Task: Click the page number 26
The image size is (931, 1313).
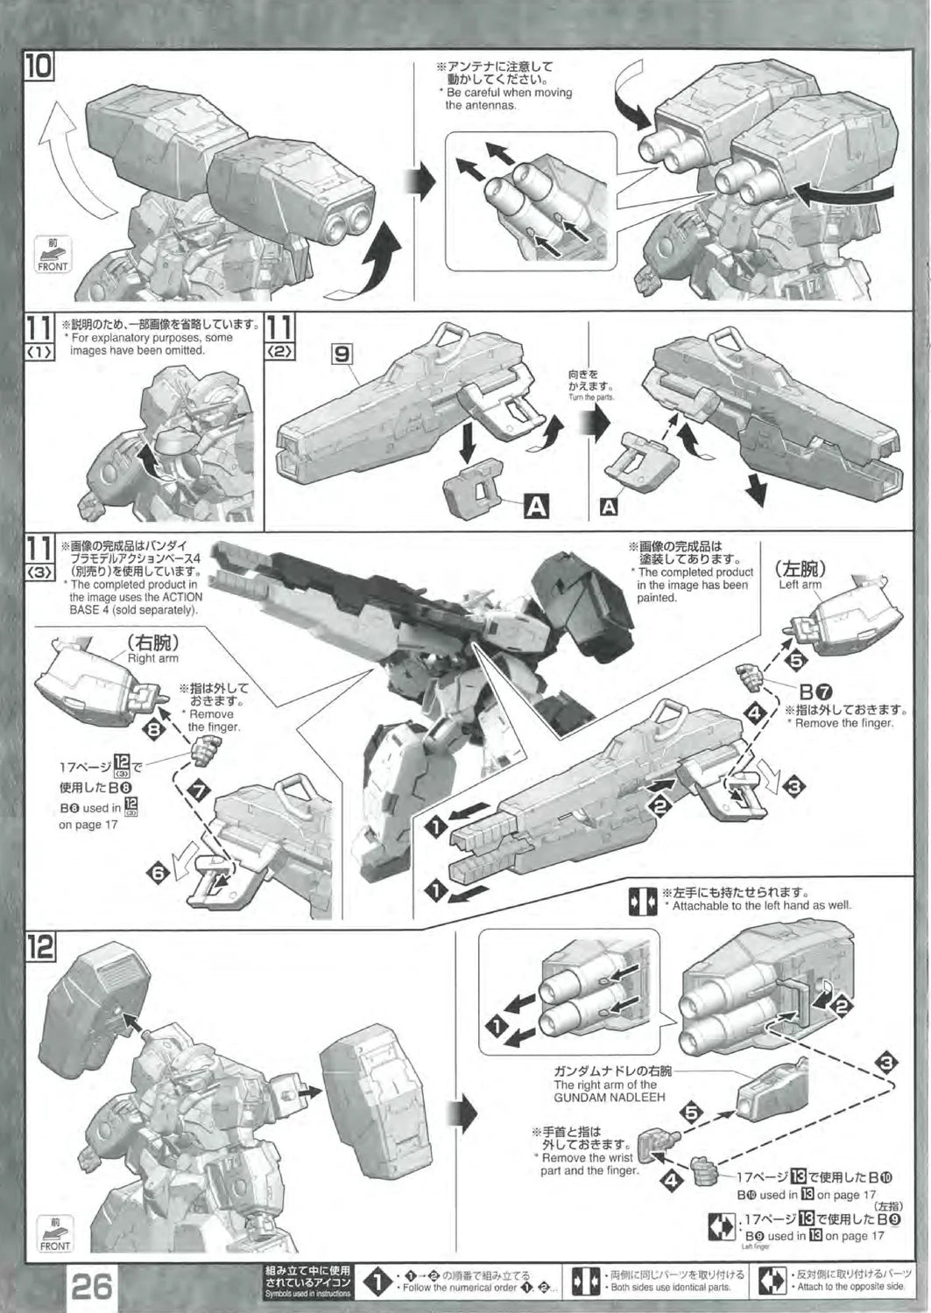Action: [92, 1288]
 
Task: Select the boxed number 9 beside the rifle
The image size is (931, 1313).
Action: [342, 356]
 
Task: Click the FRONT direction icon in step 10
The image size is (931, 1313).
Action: [53, 255]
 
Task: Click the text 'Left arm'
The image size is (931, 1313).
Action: [800, 585]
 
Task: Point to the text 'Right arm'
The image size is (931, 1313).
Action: [152, 658]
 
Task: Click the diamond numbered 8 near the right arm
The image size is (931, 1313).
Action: [154, 727]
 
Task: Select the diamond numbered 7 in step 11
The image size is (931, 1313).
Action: [201, 791]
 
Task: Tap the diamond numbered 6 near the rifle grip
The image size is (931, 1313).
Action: [159, 873]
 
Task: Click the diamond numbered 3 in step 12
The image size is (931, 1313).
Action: [886, 1063]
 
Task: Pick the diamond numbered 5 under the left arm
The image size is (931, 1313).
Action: [794, 661]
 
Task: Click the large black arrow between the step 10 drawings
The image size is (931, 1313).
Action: [423, 182]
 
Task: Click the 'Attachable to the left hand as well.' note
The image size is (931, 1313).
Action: [760, 905]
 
